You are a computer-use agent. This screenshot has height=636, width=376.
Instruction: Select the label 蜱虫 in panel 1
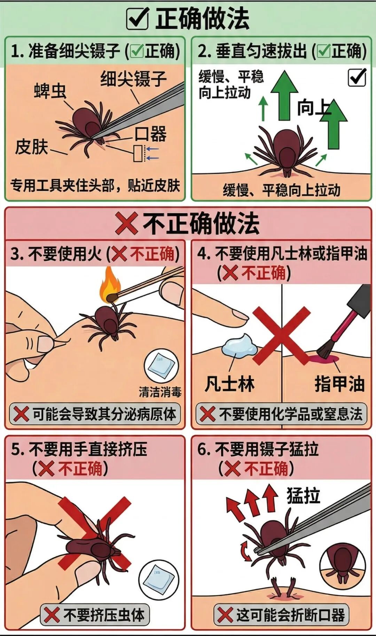(50, 91)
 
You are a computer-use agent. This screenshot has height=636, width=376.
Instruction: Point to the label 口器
(151, 134)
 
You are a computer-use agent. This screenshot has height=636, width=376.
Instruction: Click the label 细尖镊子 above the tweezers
(133, 79)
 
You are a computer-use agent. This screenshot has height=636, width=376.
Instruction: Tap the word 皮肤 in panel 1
(31, 146)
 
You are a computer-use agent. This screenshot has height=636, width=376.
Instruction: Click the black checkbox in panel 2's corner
(357, 77)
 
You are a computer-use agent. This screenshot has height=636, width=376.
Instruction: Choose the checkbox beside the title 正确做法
(138, 19)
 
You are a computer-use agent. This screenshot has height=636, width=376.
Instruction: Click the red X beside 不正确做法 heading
(126, 223)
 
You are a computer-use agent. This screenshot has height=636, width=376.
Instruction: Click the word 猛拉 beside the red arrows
(303, 495)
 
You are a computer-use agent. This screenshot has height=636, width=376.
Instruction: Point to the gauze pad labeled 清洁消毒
(161, 367)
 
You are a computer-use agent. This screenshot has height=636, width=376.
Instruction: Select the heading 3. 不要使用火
(56, 254)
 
